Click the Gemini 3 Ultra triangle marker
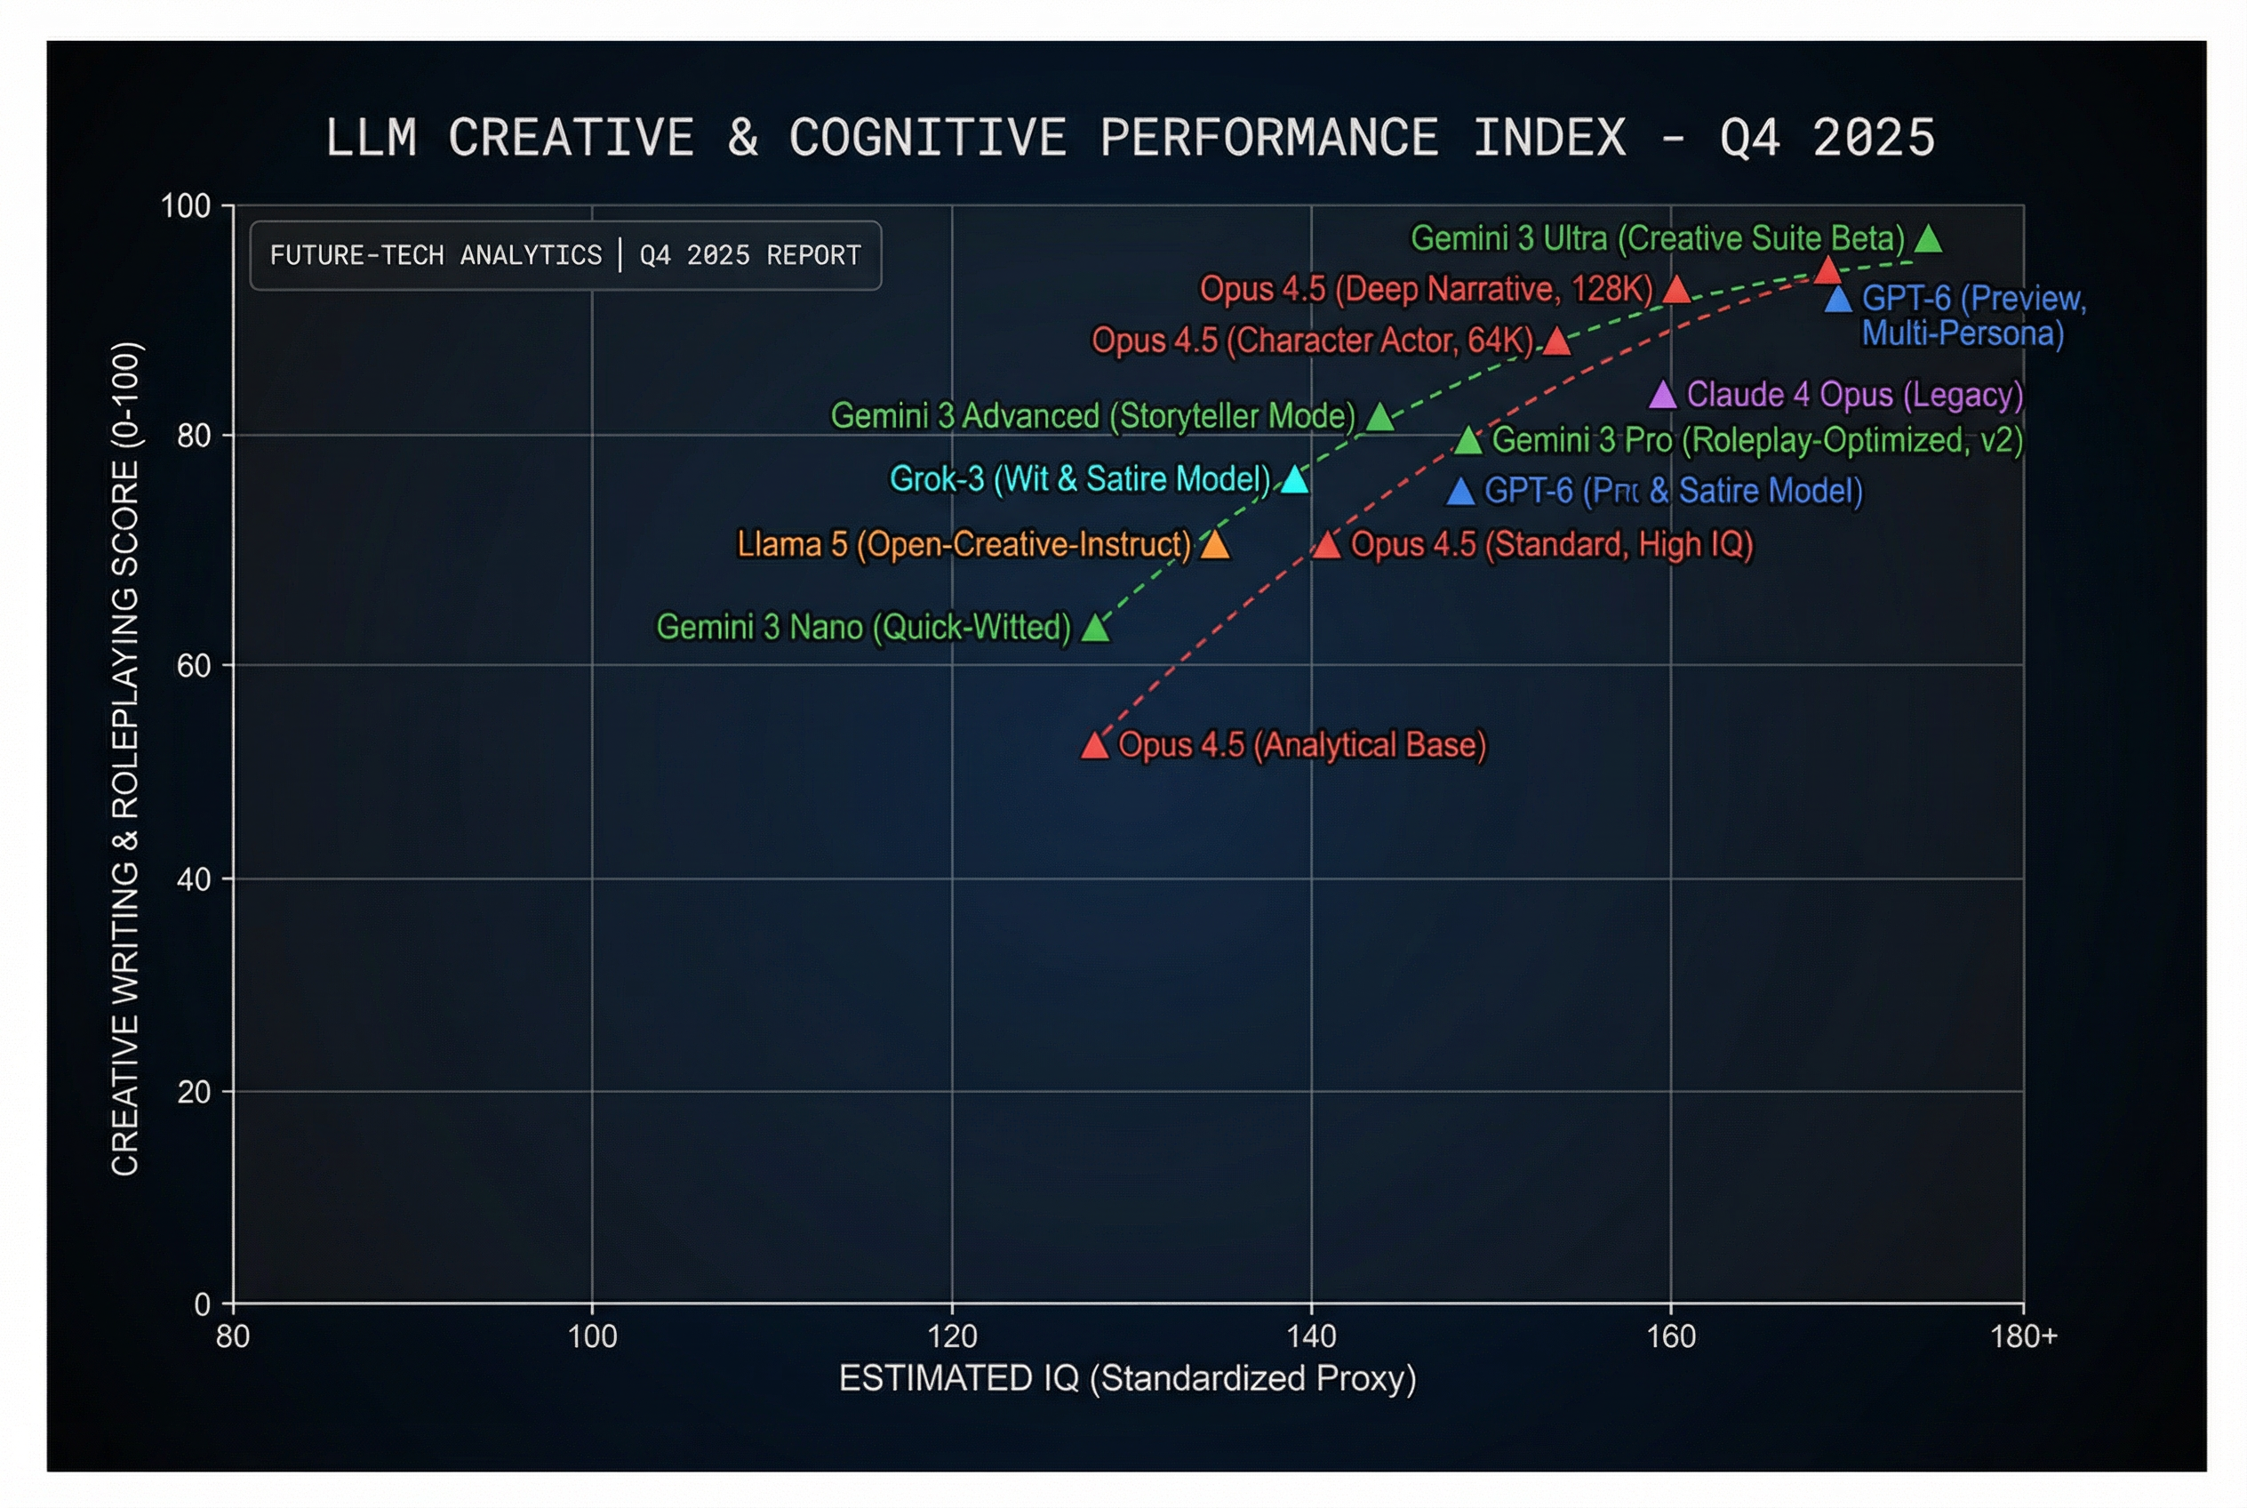(1927, 239)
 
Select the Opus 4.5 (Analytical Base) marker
(1094, 745)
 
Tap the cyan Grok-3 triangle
(1294, 480)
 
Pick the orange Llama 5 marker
(1214, 545)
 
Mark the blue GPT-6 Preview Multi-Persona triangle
(1837, 300)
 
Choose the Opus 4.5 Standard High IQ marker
(1326, 545)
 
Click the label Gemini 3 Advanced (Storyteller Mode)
(1092, 416)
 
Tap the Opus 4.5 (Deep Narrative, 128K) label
(1425, 288)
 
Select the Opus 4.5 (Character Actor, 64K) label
(1311, 341)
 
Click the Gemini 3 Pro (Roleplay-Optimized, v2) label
(1755, 440)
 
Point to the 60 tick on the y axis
(193, 665)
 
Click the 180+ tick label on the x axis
(2023, 1336)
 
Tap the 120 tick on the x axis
(952, 1336)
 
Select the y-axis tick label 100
(185, 205)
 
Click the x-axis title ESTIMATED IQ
(1127, 1378)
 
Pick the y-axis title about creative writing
(126, 758)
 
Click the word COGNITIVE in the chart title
(927, 138)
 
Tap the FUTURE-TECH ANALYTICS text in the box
(436, 256)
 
